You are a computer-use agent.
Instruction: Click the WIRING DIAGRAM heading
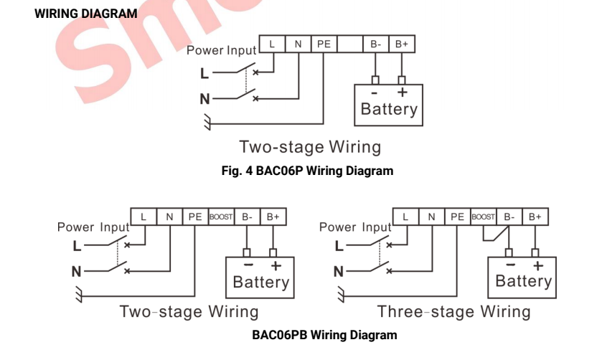pyautogui.click(x=85, y=14)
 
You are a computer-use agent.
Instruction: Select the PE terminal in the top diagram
pyautogui.click(x=324, y=44)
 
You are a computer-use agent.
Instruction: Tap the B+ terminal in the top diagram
pyautogui.click(x=401, y=44)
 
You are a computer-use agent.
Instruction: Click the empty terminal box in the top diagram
pyautogui.click(x=349, y=44)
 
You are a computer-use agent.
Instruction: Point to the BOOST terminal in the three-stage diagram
pyautogui.click(x=484, y=215)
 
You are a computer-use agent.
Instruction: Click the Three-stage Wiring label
pyautogui.click(x=454, y=312)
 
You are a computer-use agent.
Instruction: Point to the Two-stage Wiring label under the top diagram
pyautogui.click(x=309, y=148)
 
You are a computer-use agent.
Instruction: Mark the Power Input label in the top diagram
pyautogui.click(x=221, y=51)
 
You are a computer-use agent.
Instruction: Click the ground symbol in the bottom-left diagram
pyautogui.click(x=78, y=293)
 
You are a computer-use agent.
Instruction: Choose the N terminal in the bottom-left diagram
pyautogui.click(x=169, y=215)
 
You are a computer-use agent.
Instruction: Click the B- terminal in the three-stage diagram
pyautogui.click(x=509, y=215)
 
